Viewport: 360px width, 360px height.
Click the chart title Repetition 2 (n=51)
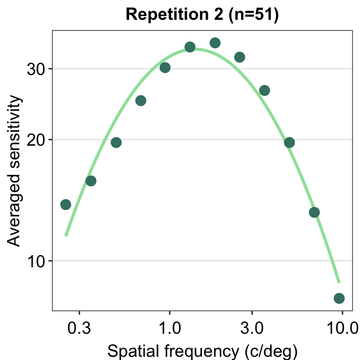(x=202, y=15)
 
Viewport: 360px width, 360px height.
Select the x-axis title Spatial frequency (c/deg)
(x=202, y=351)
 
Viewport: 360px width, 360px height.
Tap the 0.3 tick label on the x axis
(x=79, y=326)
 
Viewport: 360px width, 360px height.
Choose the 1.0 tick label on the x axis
(x=169, y=326)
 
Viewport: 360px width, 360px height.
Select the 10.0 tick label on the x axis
(x=342, y=326)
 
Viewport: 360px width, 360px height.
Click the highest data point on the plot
(x=215, y=43)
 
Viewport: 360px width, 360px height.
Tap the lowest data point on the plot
(x=339, y=298)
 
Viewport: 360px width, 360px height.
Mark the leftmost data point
(x=66, y=204)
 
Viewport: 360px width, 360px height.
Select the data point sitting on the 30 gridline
(x=165, y=67)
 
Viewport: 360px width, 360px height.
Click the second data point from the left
(x=91, y=181)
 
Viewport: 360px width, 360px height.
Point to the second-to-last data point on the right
(x=314, y=212)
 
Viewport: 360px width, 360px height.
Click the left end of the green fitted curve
(x=66, y=235)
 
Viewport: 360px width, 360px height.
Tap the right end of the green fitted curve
(x=339, y=281)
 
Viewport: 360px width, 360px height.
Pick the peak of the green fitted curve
(x=196, y=49)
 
